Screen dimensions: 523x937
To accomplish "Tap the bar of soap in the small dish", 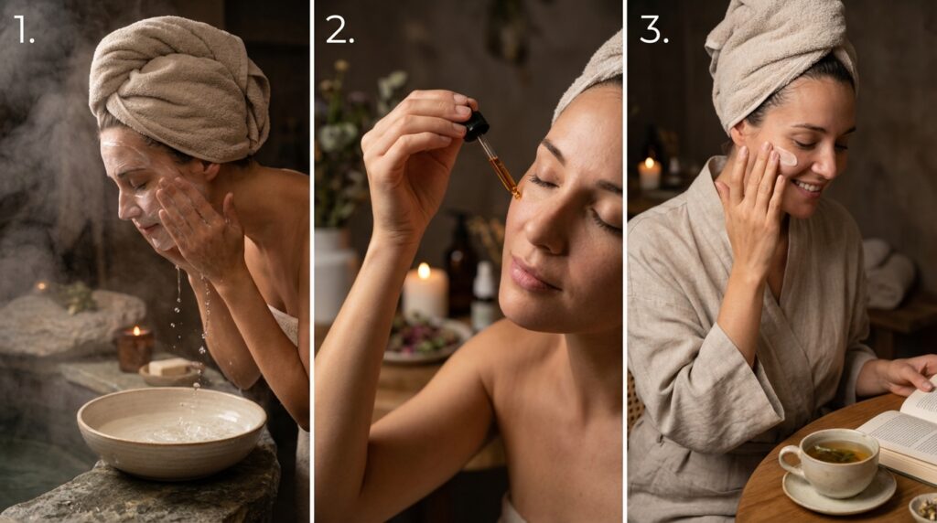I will [168, 367].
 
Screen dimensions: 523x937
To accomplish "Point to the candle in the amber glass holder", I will [135, 347].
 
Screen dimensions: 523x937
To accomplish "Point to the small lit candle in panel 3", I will [650, 174].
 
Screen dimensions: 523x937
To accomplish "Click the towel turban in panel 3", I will [778, 55].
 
